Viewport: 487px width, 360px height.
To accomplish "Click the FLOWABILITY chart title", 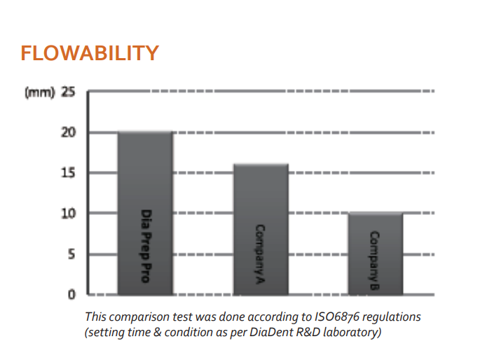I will point(90,53).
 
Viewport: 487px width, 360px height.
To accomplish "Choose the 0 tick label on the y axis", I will point(71,294).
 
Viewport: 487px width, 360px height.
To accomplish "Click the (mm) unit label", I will point(39,92).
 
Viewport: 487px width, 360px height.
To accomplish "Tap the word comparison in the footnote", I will point(137,317).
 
